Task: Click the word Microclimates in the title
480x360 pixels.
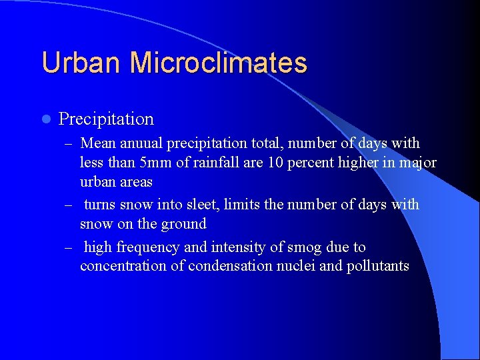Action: pyautogui.click(x=219, y=63)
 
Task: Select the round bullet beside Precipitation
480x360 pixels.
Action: pyautogui.click(x=45, y=119)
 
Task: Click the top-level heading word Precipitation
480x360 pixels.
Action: pyautogui.click(x=106, y=119)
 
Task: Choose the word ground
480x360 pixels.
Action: pyautogui.click(x=185, y=224)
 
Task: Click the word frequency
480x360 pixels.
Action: pyautogui.click(x=148, y=247)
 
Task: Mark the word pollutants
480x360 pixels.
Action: pyautogui.click(x=378, y=267)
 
